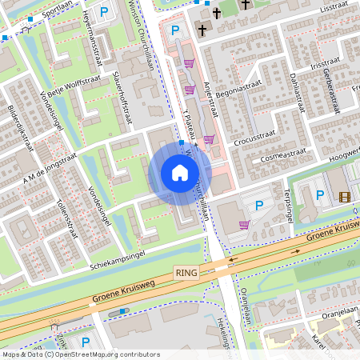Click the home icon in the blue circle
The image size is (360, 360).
[x=180, y=172]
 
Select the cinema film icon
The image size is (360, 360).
[x=344, y=197]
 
